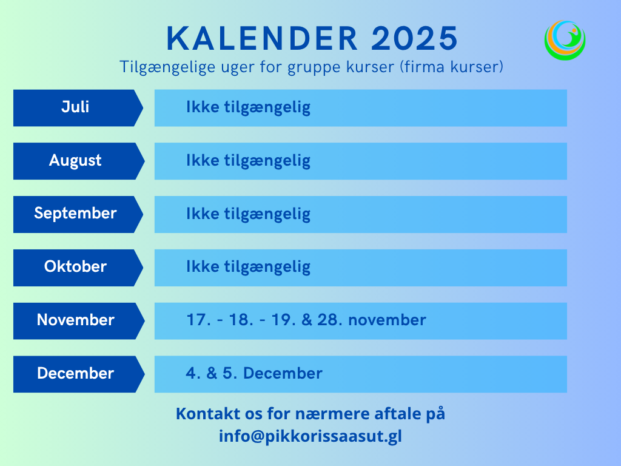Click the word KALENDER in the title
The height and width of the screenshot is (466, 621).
263,38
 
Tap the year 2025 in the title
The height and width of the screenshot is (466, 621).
415,38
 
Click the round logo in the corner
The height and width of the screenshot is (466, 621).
565,40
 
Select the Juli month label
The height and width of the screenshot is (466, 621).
75,107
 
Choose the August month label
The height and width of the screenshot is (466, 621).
75,161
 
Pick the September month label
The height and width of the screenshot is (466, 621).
75,214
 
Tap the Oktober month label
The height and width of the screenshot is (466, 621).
75,267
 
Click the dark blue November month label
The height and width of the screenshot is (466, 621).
75,320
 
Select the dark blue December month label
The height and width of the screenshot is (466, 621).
75,373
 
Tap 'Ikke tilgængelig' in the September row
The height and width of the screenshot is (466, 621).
248,214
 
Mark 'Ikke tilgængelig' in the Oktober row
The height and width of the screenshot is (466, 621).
248,268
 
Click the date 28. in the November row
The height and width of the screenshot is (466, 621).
329,320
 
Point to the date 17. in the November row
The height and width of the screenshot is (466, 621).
199,320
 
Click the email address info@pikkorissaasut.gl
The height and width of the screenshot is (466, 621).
310,436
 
